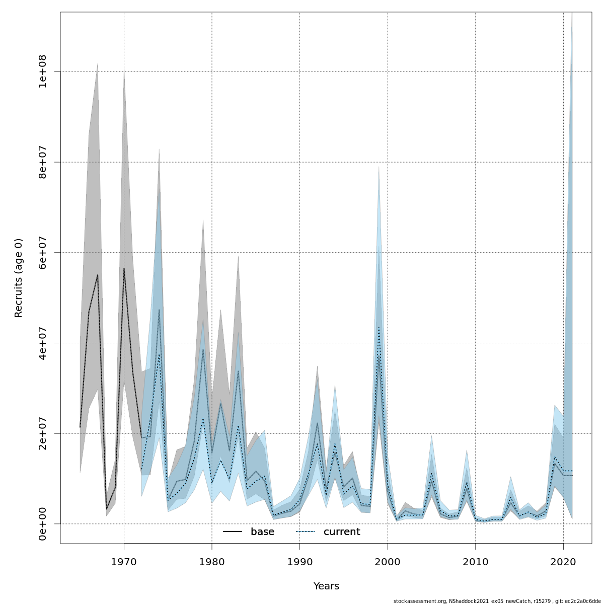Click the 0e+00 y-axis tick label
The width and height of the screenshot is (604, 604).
click(x=43, y=523)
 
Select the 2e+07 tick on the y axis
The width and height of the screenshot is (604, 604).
click(x=43, y=433)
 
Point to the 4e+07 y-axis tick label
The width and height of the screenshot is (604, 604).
click(x=43, y=343)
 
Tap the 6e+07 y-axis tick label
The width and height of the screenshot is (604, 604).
click(x=43, y=252)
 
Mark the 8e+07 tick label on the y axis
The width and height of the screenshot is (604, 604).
click(x=43, y=162)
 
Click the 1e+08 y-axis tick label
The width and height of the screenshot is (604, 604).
click(x=43, y=71)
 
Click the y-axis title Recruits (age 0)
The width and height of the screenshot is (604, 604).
click(x=19, y=278)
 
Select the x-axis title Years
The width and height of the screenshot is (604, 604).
click(x=326, y=586)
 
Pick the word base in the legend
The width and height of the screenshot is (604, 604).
click(x=262, y=532)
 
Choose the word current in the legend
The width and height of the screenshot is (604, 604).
click(x=342, y=532)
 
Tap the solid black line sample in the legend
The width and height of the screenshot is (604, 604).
click(x=233, y=532)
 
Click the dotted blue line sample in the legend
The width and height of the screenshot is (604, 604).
click(x=305, y=532)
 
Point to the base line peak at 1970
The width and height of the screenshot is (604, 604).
click(x=124, y=268)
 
